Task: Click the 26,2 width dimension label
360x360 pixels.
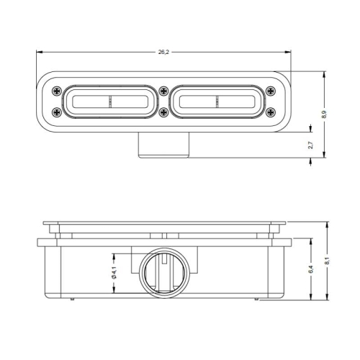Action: pos(163,52)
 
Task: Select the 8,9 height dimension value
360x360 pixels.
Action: pos(324,114)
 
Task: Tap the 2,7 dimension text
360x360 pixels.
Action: pos(310,145)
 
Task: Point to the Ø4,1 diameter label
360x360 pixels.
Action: pos(114,273)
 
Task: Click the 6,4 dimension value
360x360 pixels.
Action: pos(311,269)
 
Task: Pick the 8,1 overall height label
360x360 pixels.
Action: pos(327,261)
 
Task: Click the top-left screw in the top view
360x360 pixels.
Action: pos(57,91)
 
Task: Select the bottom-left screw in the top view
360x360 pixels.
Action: pos(57,112)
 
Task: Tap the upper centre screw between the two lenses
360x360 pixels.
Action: pos(164,91)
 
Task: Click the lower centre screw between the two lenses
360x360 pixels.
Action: pos(164,112)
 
